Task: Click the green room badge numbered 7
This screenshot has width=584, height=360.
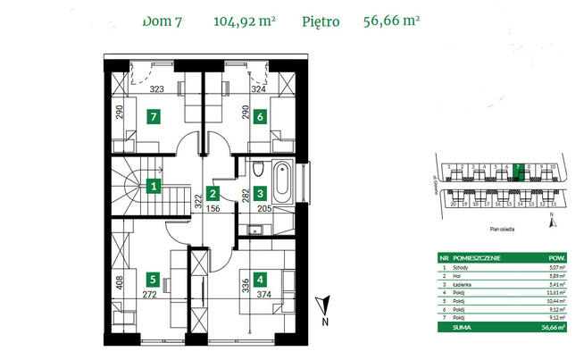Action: coord(154,116)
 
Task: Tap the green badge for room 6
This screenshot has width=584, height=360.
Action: coord(260,116)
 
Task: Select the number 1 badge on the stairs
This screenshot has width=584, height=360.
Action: coord(154,187)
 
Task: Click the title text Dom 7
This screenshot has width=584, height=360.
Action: coord(162,23)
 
